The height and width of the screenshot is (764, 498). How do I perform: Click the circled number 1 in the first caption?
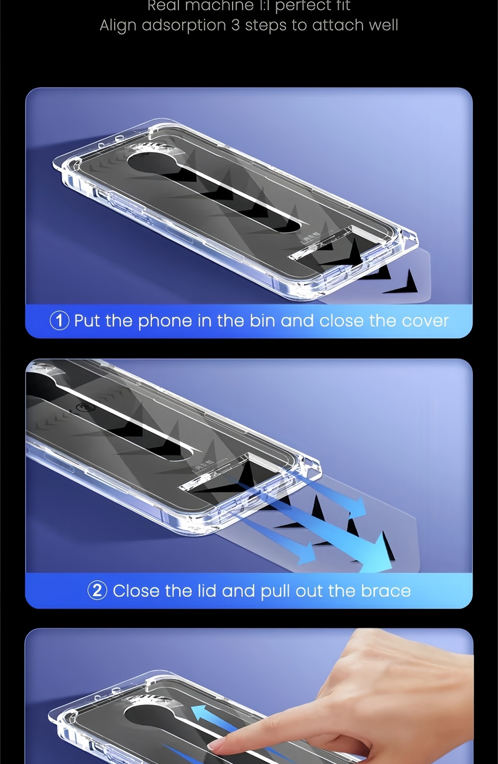pos(59,321)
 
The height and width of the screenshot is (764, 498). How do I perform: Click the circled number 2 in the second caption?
pos(97,590)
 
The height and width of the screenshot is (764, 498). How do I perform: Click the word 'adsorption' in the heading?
pos(184,25)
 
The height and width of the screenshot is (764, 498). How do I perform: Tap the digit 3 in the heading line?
pos(235,25)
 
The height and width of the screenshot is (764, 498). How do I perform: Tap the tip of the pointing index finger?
pos(214,745)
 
